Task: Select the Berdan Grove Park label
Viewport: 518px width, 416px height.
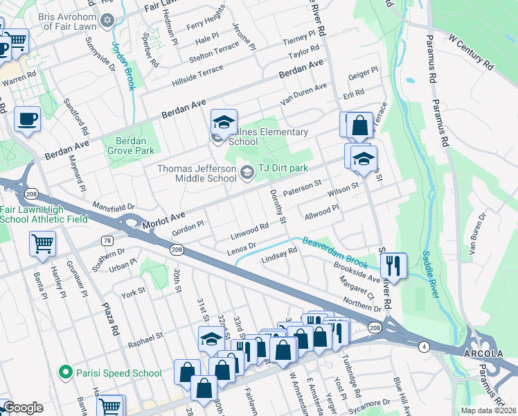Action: (131, 144)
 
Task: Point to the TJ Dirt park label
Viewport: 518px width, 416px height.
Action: (283, 168)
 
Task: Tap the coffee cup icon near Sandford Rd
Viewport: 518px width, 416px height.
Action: (28, 120)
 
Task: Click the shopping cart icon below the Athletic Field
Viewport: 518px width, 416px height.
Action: (42, 244)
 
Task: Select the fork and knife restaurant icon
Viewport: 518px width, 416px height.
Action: (393, 264)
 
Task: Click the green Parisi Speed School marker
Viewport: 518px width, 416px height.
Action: (65, 372)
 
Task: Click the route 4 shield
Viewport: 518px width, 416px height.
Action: (423, 345)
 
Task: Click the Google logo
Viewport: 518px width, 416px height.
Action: (22, 408)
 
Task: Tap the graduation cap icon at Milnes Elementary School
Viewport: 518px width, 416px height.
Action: (224, 123)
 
